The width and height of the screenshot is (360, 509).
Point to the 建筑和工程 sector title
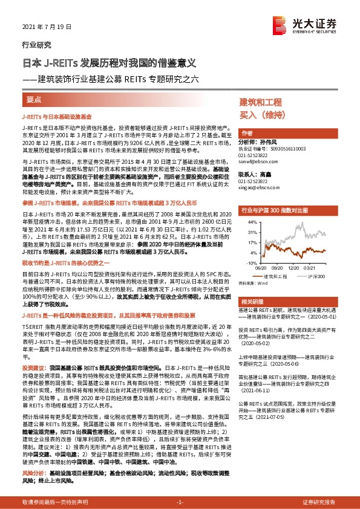click(261, 102)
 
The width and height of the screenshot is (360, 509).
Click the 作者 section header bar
click(247, 132)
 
